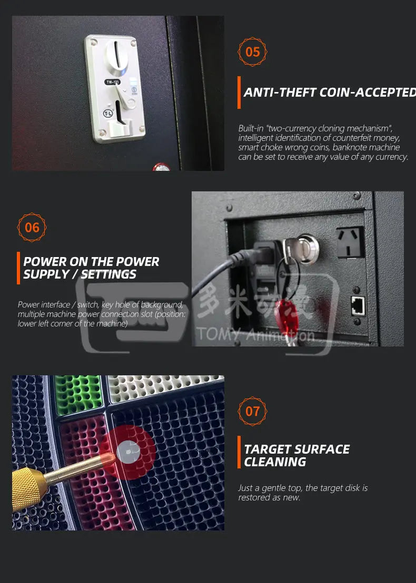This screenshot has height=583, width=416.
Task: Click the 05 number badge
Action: [x=253, y=52]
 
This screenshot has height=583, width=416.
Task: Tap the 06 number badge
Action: [x=32, y=227]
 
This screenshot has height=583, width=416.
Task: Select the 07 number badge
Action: [x=253, y=411]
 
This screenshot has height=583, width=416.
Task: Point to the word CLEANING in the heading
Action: [x=274, y=462]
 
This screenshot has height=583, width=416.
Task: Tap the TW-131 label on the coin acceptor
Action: [x=112, y=81]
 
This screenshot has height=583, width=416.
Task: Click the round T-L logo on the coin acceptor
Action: [x=108, y=113]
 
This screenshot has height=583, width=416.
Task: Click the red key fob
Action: [x=289, y=319]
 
